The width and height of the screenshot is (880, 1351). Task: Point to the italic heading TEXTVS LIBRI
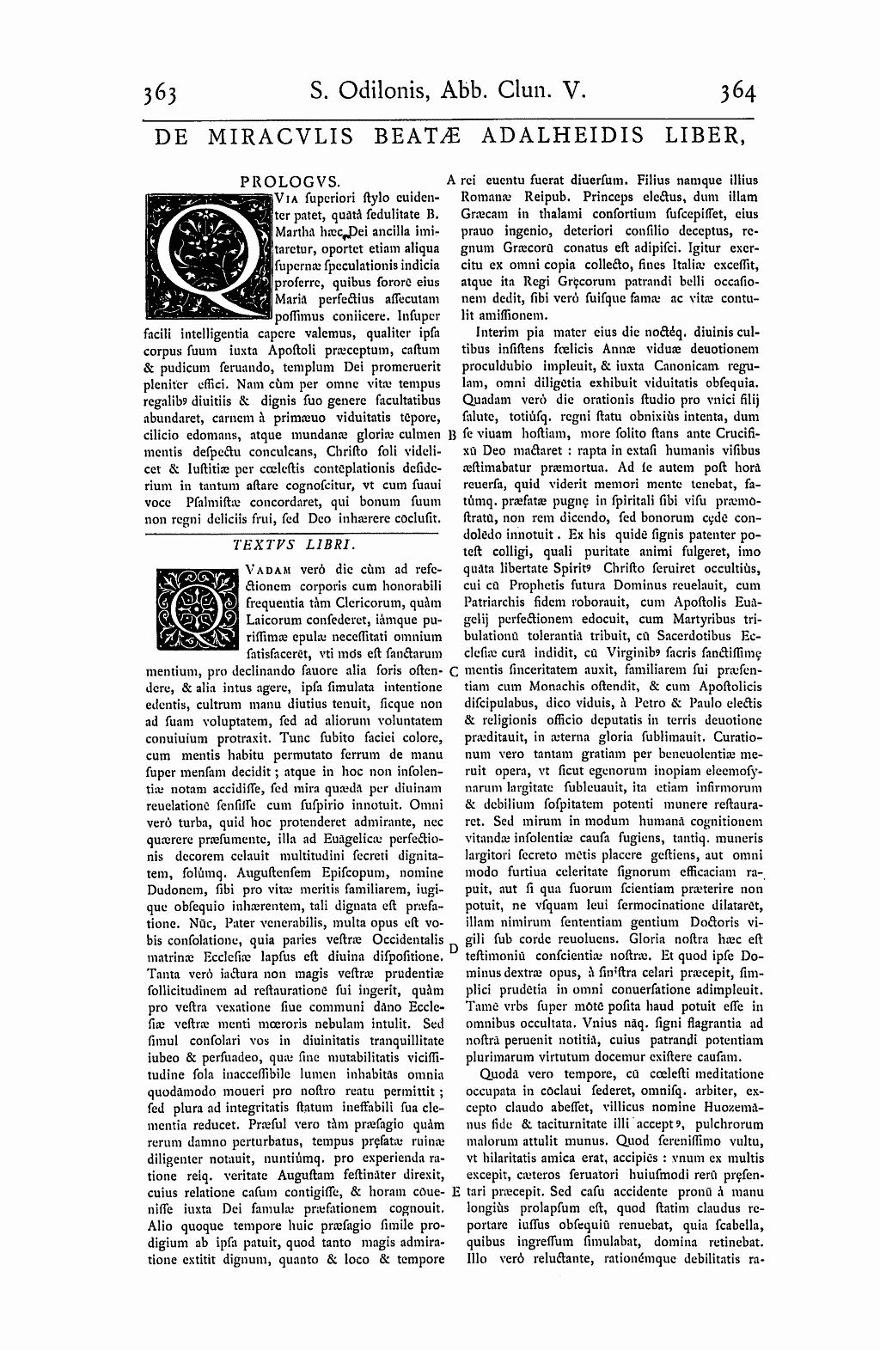[x=295, y=544]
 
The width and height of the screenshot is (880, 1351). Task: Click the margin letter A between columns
[x=452, y=180]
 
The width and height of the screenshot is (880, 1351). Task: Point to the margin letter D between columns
[x=452, y=948]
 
